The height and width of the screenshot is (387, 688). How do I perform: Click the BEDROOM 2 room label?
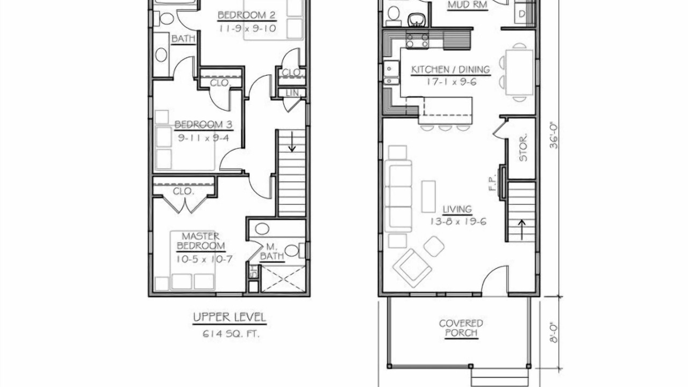pyautogui.click(x=246, y=15)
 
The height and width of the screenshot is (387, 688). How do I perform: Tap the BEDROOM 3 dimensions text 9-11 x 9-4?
pyautogui.click(x=203, y=138)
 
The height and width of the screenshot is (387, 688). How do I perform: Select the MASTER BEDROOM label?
pyautogui.click(x=201, y=241)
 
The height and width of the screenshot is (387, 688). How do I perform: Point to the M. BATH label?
pyautogui.click(x=272, y=252)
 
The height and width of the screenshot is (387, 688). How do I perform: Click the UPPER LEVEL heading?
pyautogui.click(x=230, y=317)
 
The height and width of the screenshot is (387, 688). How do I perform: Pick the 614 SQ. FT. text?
pyautogui.click(x=231, y=334)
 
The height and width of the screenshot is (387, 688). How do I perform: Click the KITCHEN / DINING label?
pyautogui.click(x=450, y=70)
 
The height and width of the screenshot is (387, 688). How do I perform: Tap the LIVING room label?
pyautogui.click(x=457, y=209)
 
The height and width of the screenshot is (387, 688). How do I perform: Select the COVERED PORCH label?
pyautogui.click(x=461, y=328)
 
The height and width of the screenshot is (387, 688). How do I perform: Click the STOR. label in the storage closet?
pyautogui.click(x=523, y=148)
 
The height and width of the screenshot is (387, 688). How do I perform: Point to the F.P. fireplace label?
pyautogui.click(x=492, y=183)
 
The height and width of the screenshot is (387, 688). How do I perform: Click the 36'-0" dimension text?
pyautogui.click(x=554, y=136)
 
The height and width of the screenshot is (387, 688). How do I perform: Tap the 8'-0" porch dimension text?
pyautogui.click(x=554, y=341)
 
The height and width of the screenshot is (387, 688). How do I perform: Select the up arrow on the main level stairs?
pyautogui.click(x=522, y=230)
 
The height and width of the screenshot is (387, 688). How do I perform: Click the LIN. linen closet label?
pyautogui.click(x=293, y=93)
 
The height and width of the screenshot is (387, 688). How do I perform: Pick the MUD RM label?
pyautogui.click(x=467, y=5)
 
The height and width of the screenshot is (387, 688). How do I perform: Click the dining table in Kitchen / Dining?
pyautogui.click(x=519, y=73)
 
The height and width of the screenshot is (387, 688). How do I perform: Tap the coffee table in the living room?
pyautogui.click(x=428, y=197)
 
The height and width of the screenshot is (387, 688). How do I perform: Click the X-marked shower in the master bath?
pyautogui.click(x=283, y=279)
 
